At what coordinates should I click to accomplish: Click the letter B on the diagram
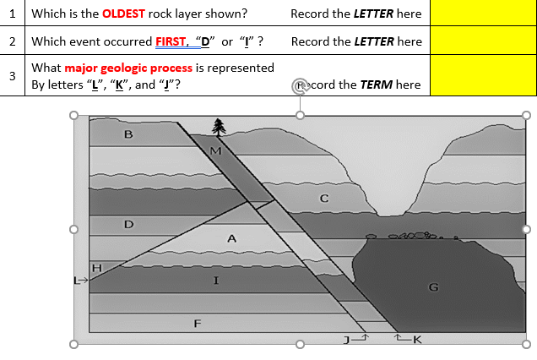(128, 134)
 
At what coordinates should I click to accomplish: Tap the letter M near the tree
(215, 151)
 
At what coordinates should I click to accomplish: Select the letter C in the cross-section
(323, 199)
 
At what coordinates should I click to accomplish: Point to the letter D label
(128, 225)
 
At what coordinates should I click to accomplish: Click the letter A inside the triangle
(231, 239)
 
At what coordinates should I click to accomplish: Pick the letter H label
(96, 268)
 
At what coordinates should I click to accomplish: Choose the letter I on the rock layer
(216, 281)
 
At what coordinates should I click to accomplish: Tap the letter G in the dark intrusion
(433, 287)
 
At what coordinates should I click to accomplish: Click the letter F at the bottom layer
(197, 323)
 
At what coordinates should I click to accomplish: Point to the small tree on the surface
(220, 127)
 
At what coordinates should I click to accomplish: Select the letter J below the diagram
(345, 340)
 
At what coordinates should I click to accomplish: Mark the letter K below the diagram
(416, 340)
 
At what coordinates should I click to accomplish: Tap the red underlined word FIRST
(172, 41)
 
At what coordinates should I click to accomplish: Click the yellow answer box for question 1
(480, 14)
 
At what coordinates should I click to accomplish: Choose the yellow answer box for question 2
(480, 41)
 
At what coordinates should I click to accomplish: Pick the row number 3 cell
(12, 76)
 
